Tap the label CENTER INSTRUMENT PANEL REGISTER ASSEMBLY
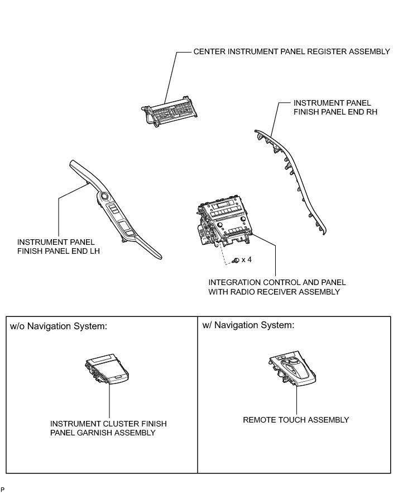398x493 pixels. tap(291, 51)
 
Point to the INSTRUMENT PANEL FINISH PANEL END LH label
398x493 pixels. tap(61, 246)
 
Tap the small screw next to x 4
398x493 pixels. tap(237, 260)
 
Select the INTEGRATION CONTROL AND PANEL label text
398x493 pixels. tap(277, 282)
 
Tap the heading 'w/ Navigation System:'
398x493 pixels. tap(248, 325)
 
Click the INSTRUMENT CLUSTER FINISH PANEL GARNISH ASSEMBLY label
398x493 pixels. tap(108, 428)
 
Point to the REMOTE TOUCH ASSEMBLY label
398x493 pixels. tap(296, 420)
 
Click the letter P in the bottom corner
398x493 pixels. tap(3, 489)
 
